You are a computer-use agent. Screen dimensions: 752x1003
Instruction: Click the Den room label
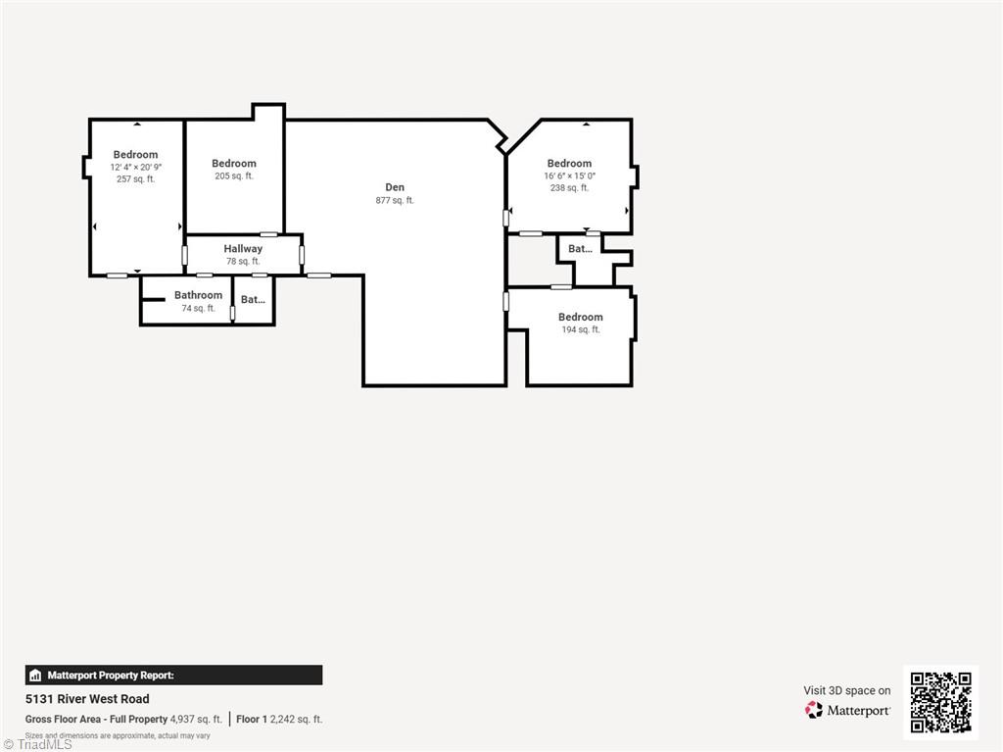click(x=395, y=187)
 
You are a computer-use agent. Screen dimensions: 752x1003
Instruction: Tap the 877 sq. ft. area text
click(x=395, y=201)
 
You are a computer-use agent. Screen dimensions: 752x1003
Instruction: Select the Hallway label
click(x=243, y=249)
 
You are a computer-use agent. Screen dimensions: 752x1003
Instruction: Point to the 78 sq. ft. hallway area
click(x=243, y=262)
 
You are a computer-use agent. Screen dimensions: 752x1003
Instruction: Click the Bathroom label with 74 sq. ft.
click(x=198, y=295)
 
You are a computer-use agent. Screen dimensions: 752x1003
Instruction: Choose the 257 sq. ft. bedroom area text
click(x=135, y=179)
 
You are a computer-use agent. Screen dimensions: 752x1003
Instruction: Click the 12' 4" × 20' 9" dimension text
click(x=135, y=168)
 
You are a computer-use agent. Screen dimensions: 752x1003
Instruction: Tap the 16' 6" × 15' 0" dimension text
click(x=569, y=176)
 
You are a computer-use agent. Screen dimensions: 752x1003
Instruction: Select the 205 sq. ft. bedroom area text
click(x=234, y=176)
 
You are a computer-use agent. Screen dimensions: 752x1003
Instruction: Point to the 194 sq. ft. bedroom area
click(x=581, y=330)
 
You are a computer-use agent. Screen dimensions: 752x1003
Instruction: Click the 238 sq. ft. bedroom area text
click(x=569, y=188)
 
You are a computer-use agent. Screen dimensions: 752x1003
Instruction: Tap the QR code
click(x=940, y=702)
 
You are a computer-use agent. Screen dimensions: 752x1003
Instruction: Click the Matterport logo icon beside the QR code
click(x=814, y=710)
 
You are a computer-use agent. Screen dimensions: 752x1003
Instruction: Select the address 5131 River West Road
click(x=87, y=699)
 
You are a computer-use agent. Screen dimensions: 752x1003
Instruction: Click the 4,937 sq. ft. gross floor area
click(x=196, y=720)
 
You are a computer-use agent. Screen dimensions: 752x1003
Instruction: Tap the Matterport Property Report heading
click(x=111, y=676)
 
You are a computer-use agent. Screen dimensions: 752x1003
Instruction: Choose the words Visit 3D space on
click(x=847, y=691)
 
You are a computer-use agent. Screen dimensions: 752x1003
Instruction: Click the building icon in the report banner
click(x=35, y=676)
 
